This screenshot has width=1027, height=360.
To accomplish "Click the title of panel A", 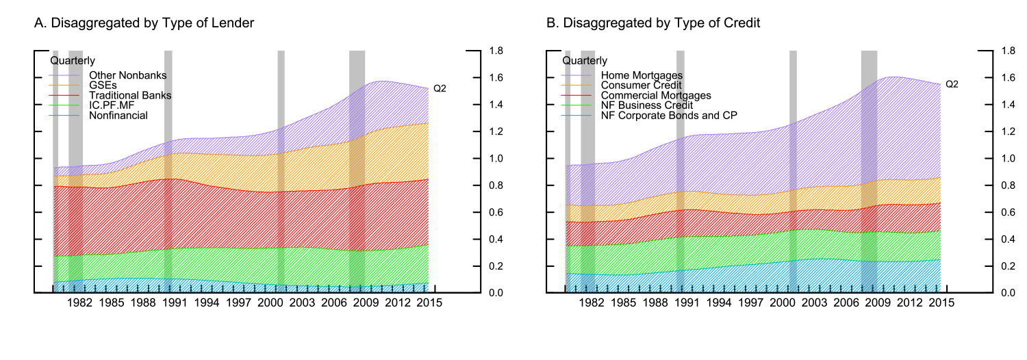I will coord(144,23).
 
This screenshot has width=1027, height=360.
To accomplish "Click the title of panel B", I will coord(653,23).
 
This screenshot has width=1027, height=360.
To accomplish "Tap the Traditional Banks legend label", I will coord(130,95).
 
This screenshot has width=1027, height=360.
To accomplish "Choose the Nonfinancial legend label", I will coord(118,116).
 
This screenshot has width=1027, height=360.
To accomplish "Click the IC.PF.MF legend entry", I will coord(110,105).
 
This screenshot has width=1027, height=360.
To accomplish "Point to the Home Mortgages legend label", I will coord(642,75).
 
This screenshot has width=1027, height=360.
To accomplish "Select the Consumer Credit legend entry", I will coord(641,85).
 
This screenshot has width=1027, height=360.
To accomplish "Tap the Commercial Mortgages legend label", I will coord(656,95).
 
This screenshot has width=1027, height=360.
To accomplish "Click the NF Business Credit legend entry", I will coord(647,105).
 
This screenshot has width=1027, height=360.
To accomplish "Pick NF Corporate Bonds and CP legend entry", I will coord(669,116).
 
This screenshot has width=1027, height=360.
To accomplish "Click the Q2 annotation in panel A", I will coord(440,89).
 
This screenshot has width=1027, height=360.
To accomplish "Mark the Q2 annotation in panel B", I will coord(952,84).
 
